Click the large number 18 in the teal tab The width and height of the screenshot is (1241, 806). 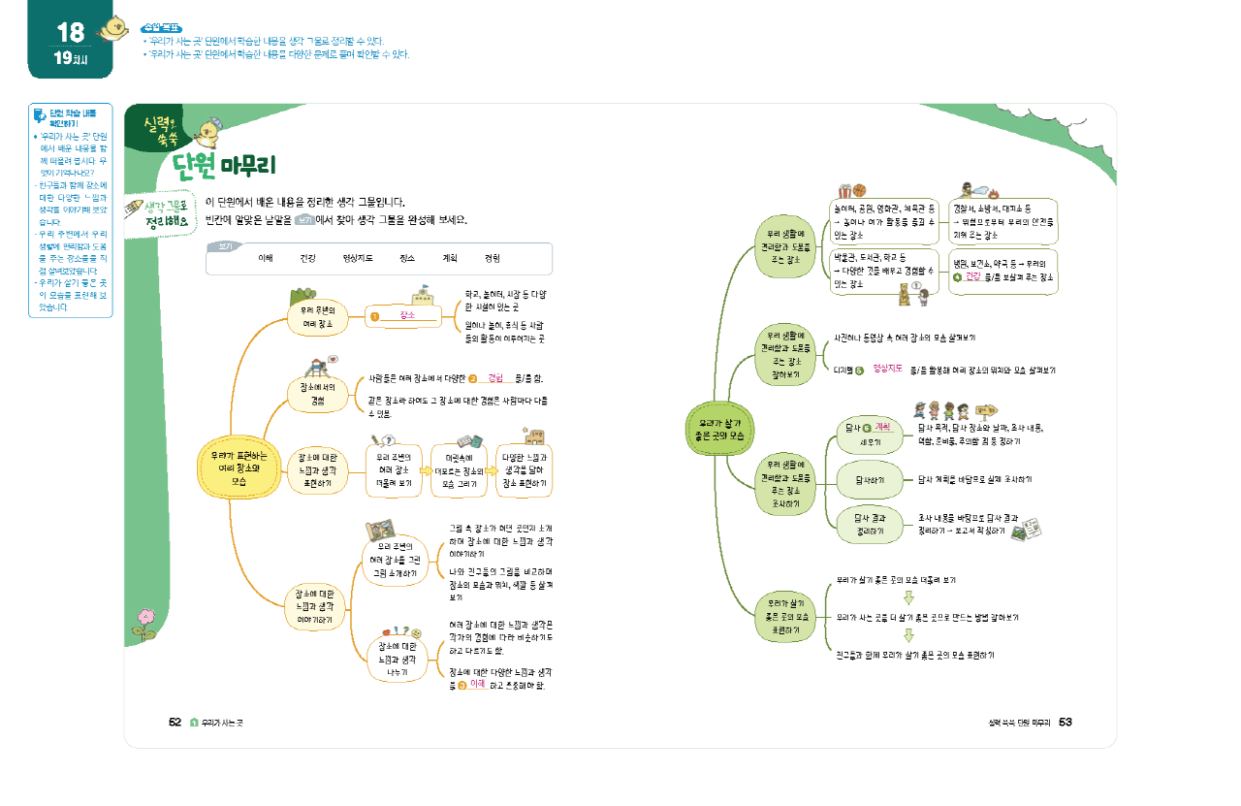click(x=70, y=33)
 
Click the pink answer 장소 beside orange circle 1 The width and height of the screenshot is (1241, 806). click(x=407, y=316)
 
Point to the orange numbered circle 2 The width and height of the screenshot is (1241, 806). click(x=473, y=377)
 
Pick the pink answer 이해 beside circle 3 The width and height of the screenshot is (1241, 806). click(x=476, y=684)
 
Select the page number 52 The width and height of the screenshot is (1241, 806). click(x=175, y=722)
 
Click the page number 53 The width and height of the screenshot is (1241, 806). click(x=1065, y=722)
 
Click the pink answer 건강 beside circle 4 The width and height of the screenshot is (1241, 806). click(x=973, y=277)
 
